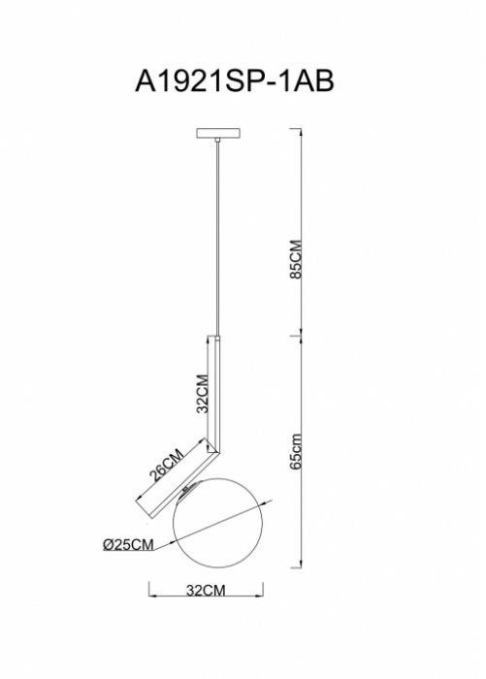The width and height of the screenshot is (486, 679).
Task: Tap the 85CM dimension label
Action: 296,259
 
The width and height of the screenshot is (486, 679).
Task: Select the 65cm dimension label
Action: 296,451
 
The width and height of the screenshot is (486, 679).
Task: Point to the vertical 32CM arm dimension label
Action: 203,394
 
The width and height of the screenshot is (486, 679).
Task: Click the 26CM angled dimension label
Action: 167,465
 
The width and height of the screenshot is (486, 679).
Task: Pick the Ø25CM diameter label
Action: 128,544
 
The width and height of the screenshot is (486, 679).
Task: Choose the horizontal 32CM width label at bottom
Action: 206,590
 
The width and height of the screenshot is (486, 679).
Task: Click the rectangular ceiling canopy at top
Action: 218,133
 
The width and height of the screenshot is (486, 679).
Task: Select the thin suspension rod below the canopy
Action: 218,239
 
